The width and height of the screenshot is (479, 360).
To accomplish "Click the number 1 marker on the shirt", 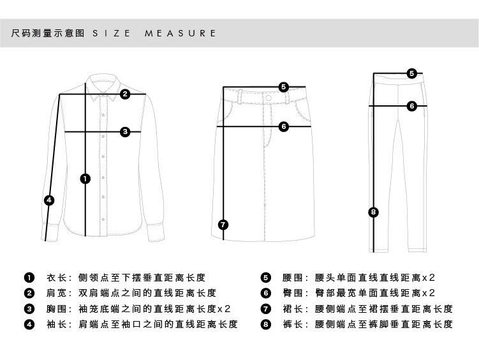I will coord(85,179).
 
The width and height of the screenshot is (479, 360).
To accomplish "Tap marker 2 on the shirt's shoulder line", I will coord(126,94).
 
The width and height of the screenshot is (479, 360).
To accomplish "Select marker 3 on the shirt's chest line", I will coord(126,131).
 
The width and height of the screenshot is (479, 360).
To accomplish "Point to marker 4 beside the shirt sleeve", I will coord(50,200).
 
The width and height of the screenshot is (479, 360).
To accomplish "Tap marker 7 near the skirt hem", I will coord(223,224).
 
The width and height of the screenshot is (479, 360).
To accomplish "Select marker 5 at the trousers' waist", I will coord(412,73).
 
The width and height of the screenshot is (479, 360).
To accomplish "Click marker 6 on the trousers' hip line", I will coord(412,106).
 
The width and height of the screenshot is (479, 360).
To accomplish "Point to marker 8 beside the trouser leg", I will coord(374,212).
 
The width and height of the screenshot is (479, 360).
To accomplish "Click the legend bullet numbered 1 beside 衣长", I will coord(29,278).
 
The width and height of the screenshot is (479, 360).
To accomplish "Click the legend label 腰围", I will coord(292,278).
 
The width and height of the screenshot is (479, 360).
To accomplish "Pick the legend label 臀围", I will coord(292,293).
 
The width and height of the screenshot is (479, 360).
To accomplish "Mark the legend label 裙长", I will coord(292,309).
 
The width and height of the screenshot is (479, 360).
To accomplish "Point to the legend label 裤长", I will coord(292,324).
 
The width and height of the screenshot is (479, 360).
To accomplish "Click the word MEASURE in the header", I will coord(181,33).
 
